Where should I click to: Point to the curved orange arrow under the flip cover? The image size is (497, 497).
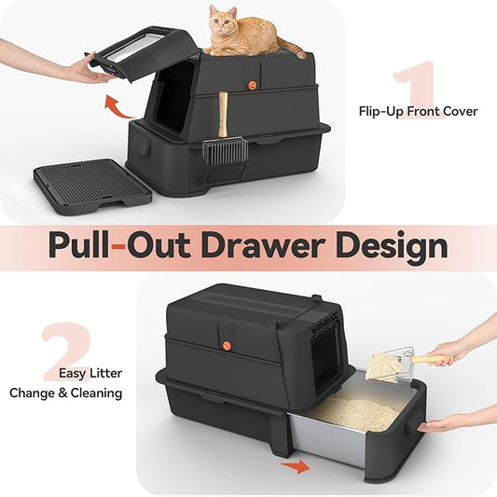click(x=117, y=103)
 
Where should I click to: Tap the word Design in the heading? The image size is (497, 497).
click(x=395, y=247)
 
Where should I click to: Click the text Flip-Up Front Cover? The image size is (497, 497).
click(x=418, y=111)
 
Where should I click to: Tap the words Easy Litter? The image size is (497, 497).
click(x=90, y=373)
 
